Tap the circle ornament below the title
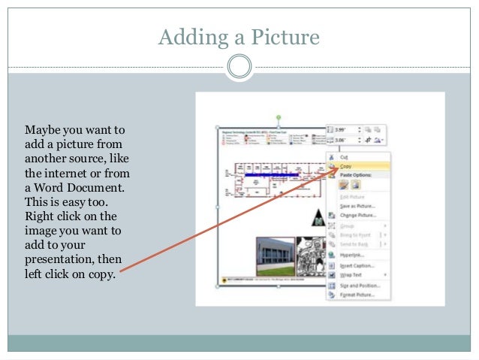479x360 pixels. pos(239,67)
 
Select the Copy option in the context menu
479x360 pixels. pos(346,166)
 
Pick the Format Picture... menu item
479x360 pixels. pos(357,295)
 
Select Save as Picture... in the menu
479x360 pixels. pos(357,206)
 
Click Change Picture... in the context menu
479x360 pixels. pos(357,215)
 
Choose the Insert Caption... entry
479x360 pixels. pos(357,265)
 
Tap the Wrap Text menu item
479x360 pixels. pos(351,275)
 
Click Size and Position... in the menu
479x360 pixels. pos(359,286)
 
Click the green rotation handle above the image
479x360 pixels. pos(279,117)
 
